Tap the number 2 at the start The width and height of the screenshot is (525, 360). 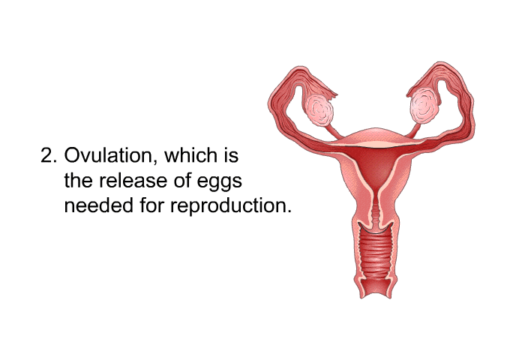[x=46, y=156]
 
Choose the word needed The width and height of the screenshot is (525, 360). [x=98, y=205]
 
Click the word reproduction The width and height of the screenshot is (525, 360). [x=231, y=206]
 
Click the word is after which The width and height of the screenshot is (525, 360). [x=231, y=155]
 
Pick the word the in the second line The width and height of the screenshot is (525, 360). [x=78, y=181]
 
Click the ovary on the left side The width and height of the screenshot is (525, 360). [x=319, y=110]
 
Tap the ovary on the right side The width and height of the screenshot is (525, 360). [x=424, y=106]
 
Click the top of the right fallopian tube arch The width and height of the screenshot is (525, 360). [x=440, y=65]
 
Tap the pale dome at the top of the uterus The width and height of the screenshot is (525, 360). [x=374, y=136]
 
